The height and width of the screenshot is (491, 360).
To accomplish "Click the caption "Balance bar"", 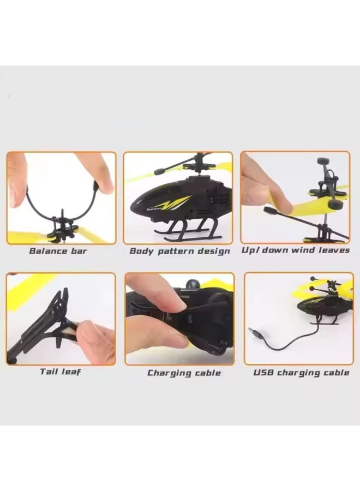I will coord(58,251).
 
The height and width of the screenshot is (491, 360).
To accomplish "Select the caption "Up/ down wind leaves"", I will coord(296,251).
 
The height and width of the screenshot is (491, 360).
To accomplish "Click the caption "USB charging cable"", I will coord(301,373).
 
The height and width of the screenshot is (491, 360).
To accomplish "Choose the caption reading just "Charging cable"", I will coord(184,373).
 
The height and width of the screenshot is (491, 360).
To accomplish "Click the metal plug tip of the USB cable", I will coord(251,331).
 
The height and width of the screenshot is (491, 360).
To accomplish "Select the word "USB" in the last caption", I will coord(264,373).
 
